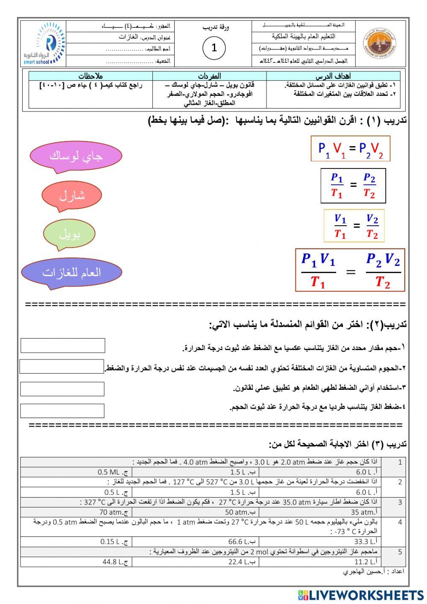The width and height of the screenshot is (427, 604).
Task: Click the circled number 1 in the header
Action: click(x=214, y=48)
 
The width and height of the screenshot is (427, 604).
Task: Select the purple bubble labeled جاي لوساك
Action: click(x=76, y=156)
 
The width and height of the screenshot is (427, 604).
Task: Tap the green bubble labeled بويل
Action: click(x=69, y=234)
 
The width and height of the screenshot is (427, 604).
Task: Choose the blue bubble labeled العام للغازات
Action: click(x=71, y=272)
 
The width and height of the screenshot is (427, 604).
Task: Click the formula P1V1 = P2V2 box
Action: click(x=351, y=148)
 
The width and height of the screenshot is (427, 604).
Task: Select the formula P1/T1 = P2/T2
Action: click(x=353, y=186)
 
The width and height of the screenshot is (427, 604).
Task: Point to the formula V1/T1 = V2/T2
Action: click(x=354, y=226)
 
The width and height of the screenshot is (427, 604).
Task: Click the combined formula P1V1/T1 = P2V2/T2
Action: click(x=350, y=270)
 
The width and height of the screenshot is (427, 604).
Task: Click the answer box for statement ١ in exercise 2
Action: click(x=63, y=345)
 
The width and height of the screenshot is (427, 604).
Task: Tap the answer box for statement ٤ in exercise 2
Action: click(x=62, y=411)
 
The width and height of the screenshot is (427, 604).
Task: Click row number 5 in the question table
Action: click(x=400, y=552)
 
